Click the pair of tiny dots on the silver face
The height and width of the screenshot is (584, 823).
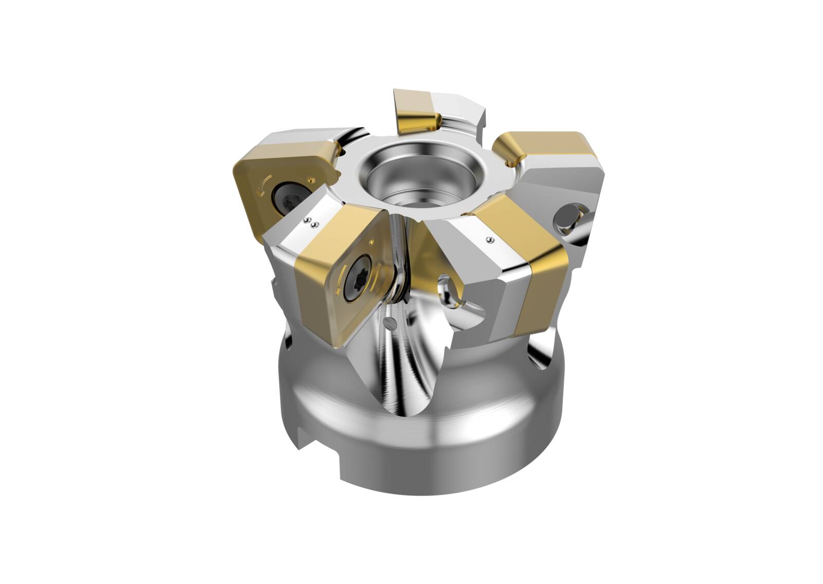[310, 222]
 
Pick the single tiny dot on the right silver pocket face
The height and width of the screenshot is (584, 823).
[489, 239]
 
